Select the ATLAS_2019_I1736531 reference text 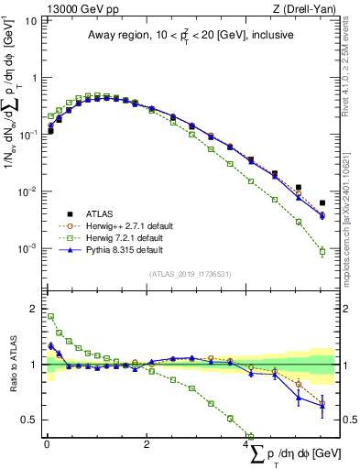[x=190, y=274]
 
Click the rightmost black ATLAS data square [x=322, y=203]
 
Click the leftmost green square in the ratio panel [x=50, y=316]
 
